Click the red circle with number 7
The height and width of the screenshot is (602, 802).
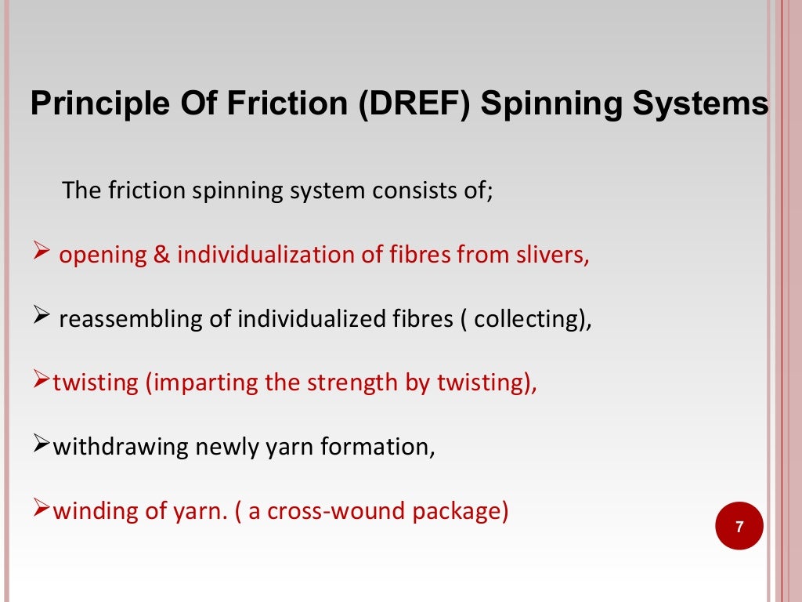point(739,528)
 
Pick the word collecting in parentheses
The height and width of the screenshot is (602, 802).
point(529,320)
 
